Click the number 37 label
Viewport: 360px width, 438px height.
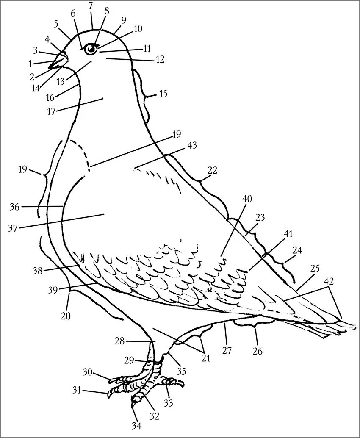pyautogui.click(x=13, y=228)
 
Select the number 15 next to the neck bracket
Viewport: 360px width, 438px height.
pyautogui.click(x=163, y=94)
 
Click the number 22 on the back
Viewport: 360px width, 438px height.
pyautogui.click(x=212, y=170)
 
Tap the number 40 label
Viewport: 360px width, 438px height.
pyautogui.click(x=247, y=198)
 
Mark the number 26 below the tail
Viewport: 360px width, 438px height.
pyautogui.click(x=258, y=351)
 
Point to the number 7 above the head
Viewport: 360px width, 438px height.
pyautogui.click(x=90, y=6)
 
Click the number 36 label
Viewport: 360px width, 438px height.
pyautogui.click(x=15, y=207)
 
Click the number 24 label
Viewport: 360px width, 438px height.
pyautogui.click(x=297, y=250)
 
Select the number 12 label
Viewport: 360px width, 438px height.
pyautogui.click(x=160, y=60)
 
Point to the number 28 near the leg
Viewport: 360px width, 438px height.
pyautogui.click(x=119, y=341)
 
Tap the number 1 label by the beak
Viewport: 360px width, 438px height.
pyautogui.click(x=30, y=64)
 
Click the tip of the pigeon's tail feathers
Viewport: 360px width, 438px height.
pyautogui.click(x=354, y=327)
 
